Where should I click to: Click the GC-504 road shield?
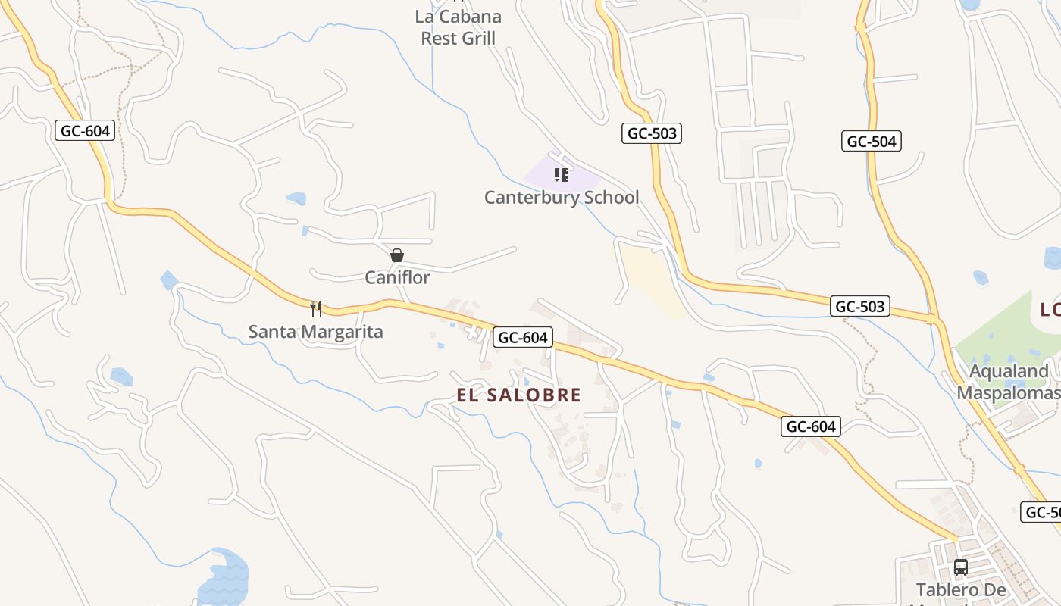pos(871,141)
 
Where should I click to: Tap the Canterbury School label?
pos(562,197)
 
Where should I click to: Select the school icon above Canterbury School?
pos(562,175)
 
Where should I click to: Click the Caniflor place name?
pos(397,277)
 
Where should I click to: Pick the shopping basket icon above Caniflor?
pos(397,255)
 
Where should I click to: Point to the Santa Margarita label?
pos(316,331)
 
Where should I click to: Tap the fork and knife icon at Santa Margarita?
pos(316,308)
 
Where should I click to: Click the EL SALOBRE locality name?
pos(519,395)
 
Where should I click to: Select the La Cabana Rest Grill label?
pos(459,27)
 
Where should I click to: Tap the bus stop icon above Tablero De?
pos(961,567)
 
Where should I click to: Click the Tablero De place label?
pos(961,589)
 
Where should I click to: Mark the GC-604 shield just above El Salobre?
pos(523,337)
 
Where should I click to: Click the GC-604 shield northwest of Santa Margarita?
pos(86,130)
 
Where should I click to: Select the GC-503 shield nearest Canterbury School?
pos(653,133)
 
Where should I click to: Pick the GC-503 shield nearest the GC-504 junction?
pos(859,306)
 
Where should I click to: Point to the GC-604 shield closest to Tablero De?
pos(811,426)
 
